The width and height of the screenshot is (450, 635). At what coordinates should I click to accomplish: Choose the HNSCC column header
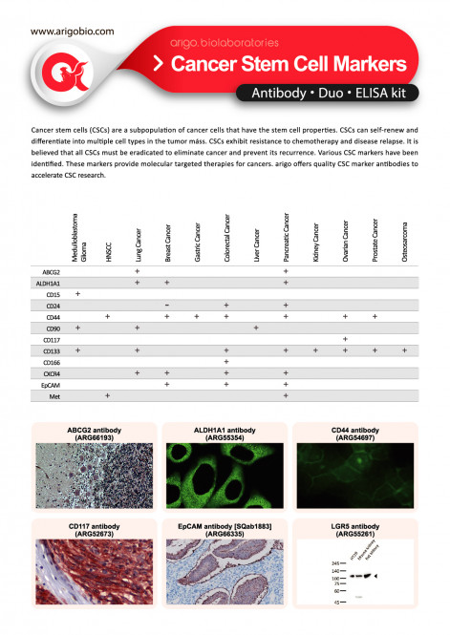pos(108,247)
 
